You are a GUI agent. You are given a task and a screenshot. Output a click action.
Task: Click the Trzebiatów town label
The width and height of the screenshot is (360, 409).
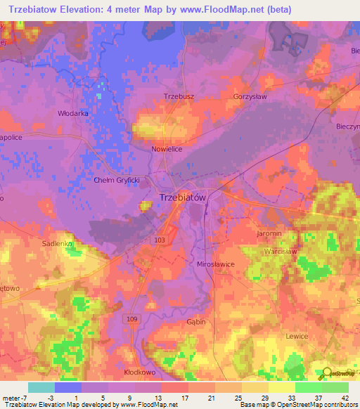click(183, 197)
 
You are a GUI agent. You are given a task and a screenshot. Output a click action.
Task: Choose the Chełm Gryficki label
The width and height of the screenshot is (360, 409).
click(117, 180)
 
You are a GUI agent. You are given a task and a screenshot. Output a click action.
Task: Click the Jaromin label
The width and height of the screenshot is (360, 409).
click(269, 233)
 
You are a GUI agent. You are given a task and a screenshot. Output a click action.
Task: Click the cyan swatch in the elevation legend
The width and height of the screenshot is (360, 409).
click(41, 387)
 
